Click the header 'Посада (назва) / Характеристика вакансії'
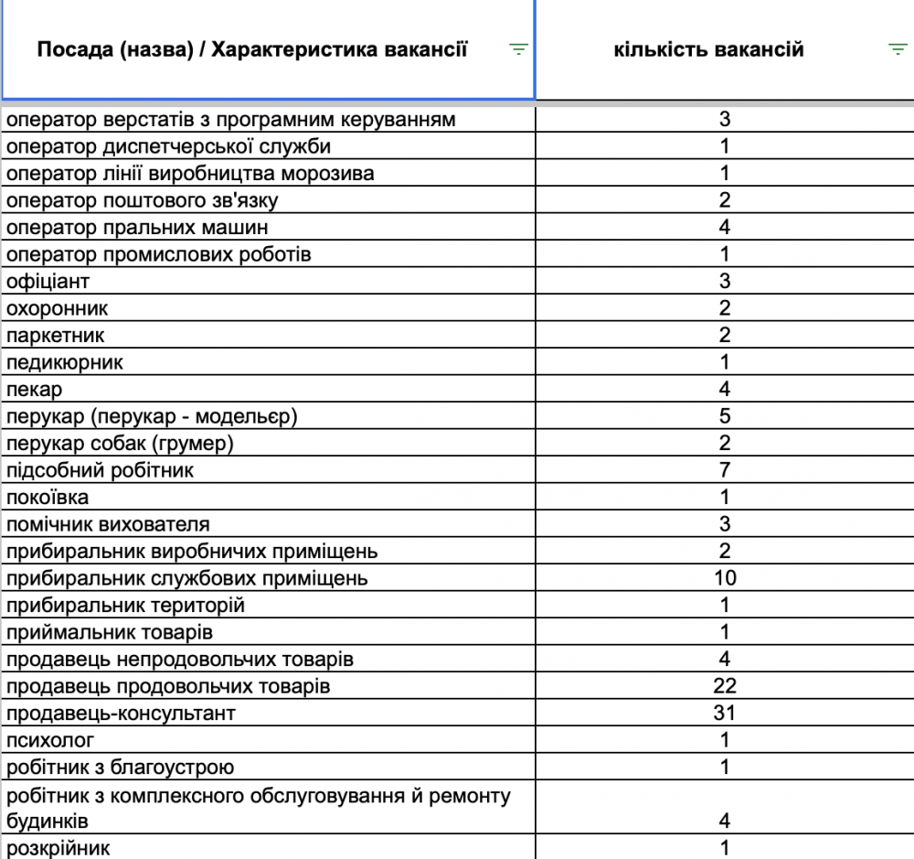pos(252,49)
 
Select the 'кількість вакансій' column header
pos(709,49)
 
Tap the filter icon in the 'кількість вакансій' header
pos(898,49)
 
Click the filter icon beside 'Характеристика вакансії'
pos(518,49)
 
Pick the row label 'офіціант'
pos(48,282)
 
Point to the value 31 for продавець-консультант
pos(725,713)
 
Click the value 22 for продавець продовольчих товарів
pos(725,686)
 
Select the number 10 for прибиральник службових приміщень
pos(725,578)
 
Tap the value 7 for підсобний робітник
pos(725,470)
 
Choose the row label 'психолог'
pos(50,740)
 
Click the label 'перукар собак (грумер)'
pos(120,444)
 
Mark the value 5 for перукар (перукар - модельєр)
pos(725,416)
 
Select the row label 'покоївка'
pos(48,498)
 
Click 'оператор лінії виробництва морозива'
pos(190,174)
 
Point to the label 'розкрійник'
pos(58,848)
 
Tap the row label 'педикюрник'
pos(64,362)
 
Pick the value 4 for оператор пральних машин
pos(725,227)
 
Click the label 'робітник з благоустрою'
pos(121,767)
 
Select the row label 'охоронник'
pos(57,308)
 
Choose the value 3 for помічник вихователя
pos(725,524)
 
